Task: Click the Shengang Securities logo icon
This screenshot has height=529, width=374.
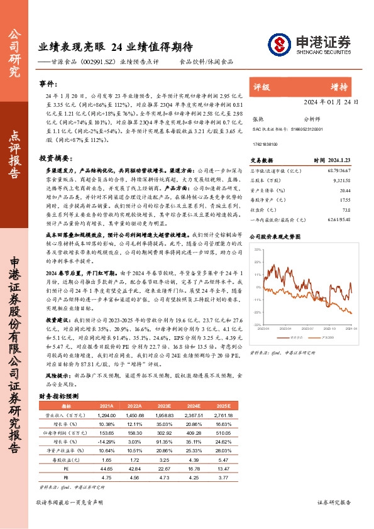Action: pos(279,44)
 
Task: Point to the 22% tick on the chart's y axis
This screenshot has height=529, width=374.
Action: pos(256,249)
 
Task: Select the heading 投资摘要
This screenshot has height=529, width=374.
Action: pos(53,158)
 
